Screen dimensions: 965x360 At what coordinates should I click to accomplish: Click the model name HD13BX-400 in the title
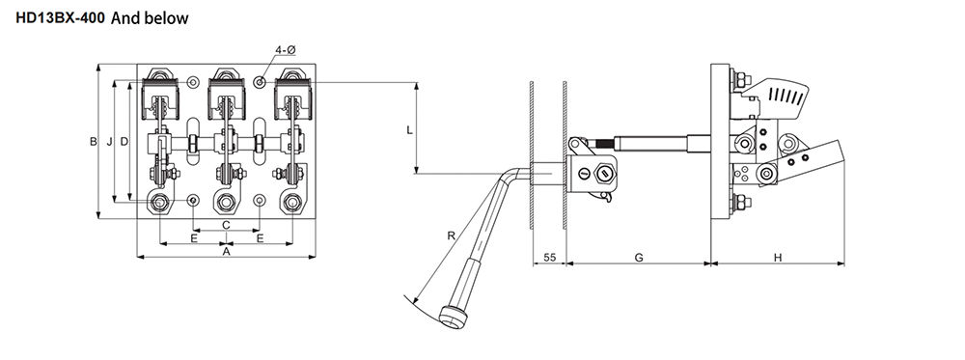(x=60, y=18)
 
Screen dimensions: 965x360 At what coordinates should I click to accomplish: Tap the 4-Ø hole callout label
(x=286, y=50)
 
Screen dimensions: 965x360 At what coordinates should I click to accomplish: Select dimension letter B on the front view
(x=93, y=142)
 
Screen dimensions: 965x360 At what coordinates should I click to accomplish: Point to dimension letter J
(x=109, y=142)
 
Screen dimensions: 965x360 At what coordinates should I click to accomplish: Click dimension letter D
(x=124, y=142)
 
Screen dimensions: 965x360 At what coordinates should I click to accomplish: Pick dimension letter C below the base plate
(x=226, y=225)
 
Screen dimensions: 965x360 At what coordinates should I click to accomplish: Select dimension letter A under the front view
(x=226, y=252)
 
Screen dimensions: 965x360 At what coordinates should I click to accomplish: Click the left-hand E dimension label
(x=194, y=238)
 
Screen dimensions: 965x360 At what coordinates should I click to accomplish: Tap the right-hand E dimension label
(x=260, y=238)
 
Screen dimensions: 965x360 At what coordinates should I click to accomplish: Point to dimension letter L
(x=409, y=130)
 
